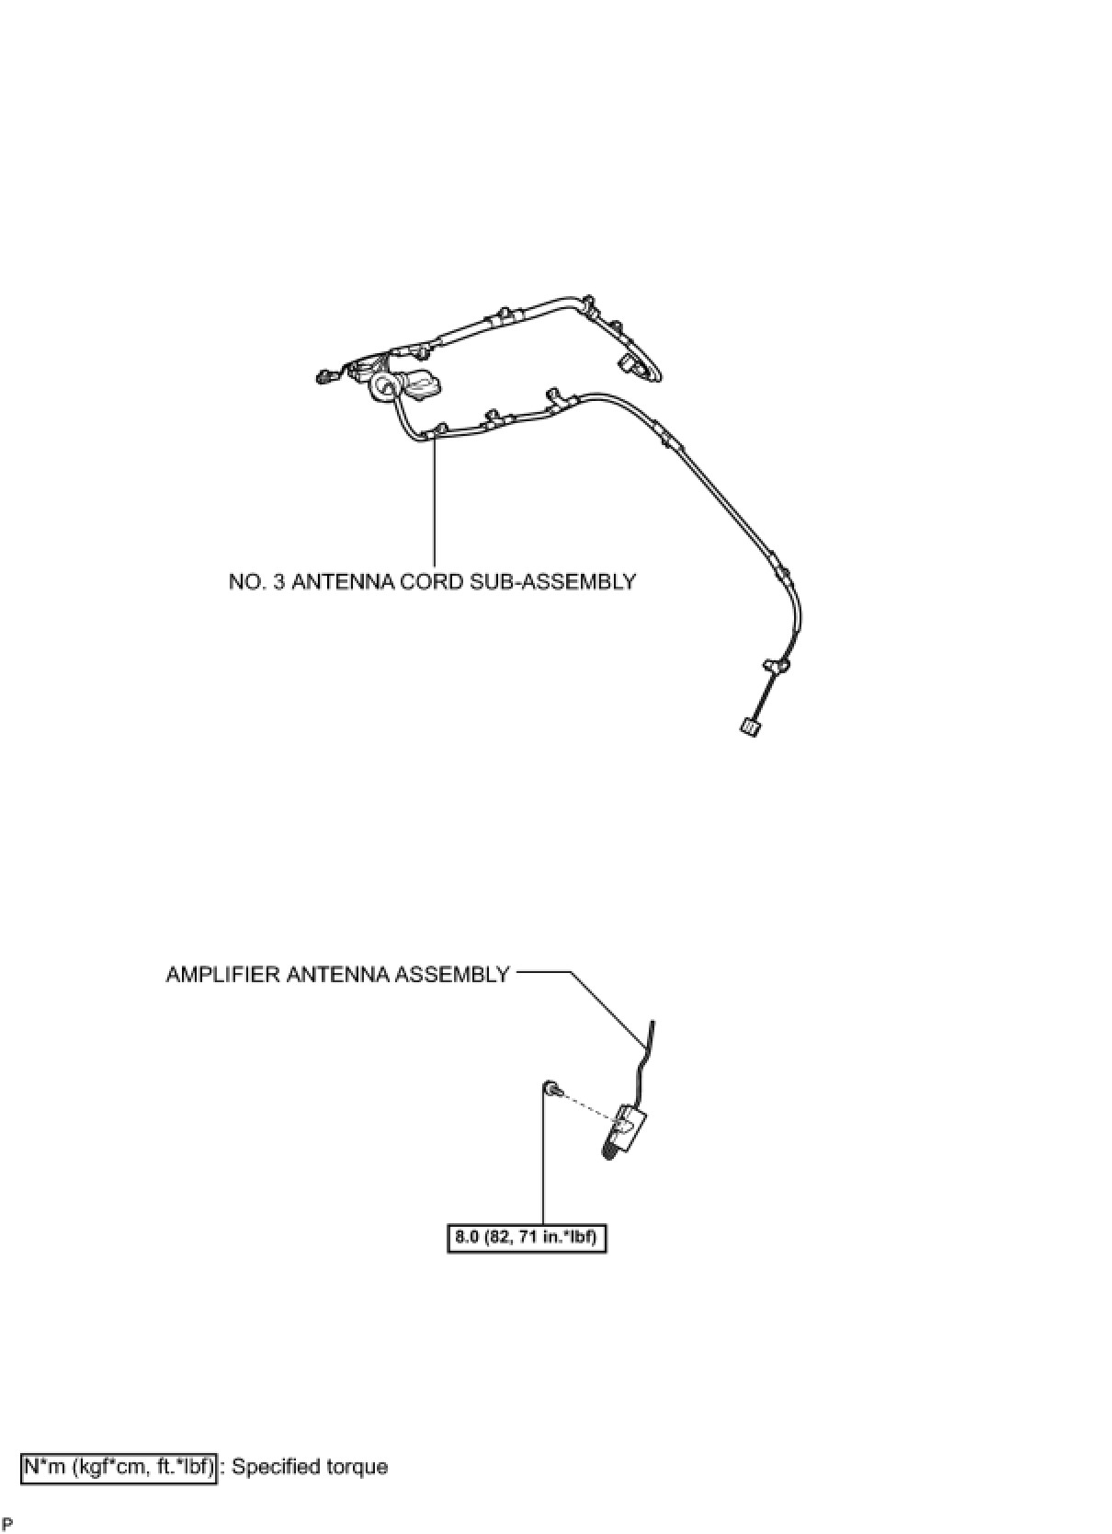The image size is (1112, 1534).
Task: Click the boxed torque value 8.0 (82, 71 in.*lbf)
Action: pos(527,1237)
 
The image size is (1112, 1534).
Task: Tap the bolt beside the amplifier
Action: pos(551,1089)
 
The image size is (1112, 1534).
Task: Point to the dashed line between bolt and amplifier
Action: pos(584,1105)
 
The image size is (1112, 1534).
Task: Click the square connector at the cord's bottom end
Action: pos(748,728)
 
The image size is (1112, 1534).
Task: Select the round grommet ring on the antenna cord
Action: pos(382,389)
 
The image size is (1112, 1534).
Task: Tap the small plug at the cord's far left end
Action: pos(323,376)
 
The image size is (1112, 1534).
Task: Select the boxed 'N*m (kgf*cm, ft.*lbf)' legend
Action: pos(119,1467)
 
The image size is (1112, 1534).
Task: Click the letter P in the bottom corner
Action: pos(7,1525)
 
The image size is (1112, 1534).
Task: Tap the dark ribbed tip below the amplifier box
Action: pos(609,1150)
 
